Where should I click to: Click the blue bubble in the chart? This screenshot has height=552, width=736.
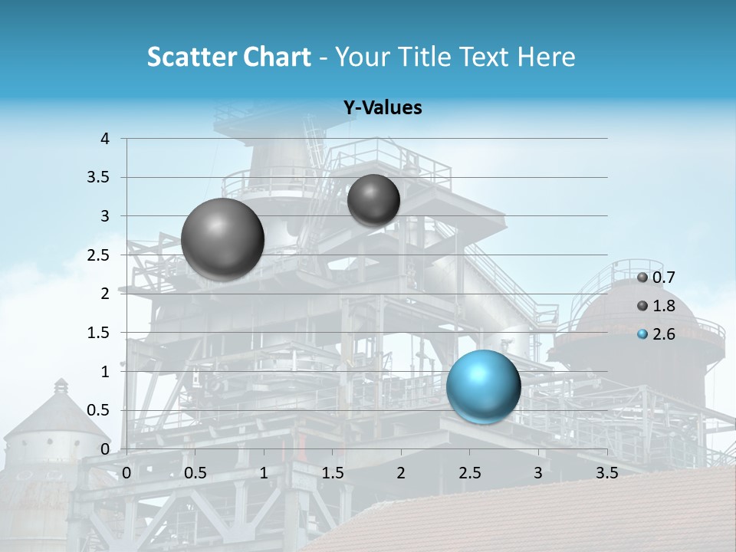[483, 386]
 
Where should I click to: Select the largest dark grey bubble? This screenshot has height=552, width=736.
[222, 239]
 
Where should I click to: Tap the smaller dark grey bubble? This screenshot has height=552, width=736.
[373, 200]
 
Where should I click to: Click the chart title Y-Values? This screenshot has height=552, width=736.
[383, 108]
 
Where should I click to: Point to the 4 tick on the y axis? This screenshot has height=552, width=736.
[106, 139]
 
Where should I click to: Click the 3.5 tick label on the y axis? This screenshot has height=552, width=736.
[100, 177]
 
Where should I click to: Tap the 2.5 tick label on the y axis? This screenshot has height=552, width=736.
[100, 255]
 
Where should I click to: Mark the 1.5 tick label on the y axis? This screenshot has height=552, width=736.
[100, 333]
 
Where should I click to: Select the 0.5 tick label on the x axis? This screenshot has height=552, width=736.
[195, 473]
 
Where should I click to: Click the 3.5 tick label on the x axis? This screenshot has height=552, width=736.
[606, 473]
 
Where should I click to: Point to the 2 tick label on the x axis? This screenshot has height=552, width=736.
[401, 473]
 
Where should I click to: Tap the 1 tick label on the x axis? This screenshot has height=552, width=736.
[264, 473]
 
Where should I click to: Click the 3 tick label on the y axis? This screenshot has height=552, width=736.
[106, 216]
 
